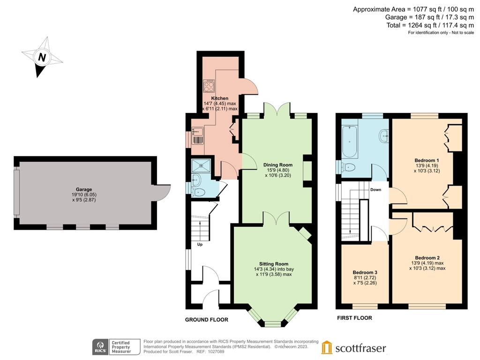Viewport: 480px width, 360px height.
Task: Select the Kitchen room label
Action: click(x=219, y=98)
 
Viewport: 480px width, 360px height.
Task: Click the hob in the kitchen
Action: click(x=209, y=86)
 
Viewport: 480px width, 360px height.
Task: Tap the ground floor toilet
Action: click(x=199, y=191)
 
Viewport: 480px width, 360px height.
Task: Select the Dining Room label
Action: click(x=278, y=165)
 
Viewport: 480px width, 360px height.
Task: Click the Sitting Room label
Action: click(x=274, y=263)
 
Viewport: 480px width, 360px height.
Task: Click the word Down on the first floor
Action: click(x=375, y=190)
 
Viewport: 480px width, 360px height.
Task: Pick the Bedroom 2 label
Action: click(x=427, y=257)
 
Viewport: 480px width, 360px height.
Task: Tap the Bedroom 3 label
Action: click(x=365, y=272)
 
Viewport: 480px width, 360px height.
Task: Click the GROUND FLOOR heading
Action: click(x=206, y=320)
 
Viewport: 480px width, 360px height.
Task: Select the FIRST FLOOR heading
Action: click(x=354, y=318)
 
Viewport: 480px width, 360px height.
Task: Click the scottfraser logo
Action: click(x=354, y=348)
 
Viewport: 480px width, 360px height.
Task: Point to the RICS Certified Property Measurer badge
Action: click(x=117, y=347)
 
